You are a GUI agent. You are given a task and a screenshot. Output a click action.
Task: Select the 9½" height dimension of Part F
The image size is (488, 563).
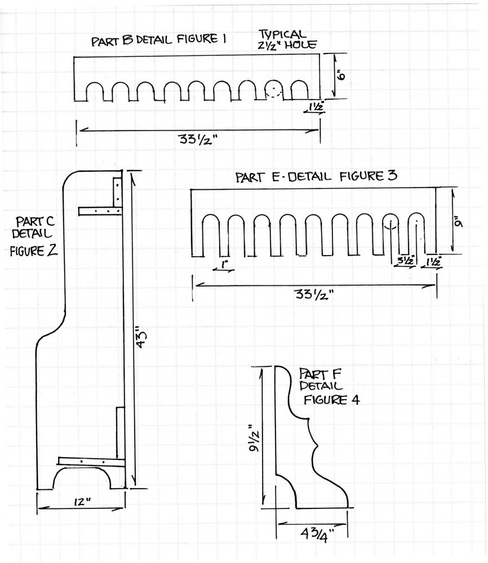(x=255, y=436)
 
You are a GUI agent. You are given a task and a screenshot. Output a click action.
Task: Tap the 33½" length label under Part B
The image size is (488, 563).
(x=199, y=139)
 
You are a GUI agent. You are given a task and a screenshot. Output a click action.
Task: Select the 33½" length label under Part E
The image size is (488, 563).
(x=314, y=295)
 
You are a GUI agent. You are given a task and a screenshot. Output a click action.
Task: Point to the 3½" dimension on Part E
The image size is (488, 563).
(x=406, y=260)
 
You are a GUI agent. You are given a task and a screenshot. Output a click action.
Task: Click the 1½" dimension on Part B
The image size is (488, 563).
(x=315, y=105)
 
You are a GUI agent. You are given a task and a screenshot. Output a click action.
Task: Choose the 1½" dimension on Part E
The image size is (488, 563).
(x=434, y=261)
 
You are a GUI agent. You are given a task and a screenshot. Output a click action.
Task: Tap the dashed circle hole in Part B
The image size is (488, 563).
(x=273, y=90)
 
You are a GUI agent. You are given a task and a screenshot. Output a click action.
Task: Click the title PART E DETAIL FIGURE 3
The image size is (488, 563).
(x=316, y=176)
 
